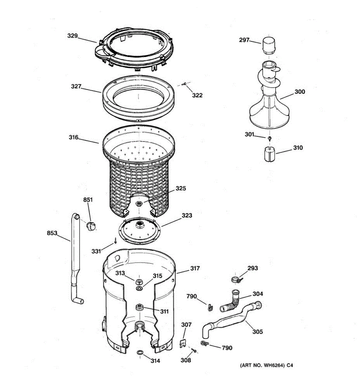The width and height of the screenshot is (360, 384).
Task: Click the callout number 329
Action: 72,36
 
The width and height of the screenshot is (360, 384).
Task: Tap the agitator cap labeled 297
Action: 268,45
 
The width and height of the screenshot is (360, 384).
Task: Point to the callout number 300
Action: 300,92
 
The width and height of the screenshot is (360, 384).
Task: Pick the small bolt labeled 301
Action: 270,138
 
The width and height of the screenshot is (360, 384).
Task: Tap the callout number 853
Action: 52,233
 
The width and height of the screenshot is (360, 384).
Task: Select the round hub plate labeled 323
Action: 140,229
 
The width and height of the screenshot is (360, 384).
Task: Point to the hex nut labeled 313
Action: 139,282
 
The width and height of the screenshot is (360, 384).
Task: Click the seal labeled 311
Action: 139,307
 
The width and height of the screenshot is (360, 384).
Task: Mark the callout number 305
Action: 257,332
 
